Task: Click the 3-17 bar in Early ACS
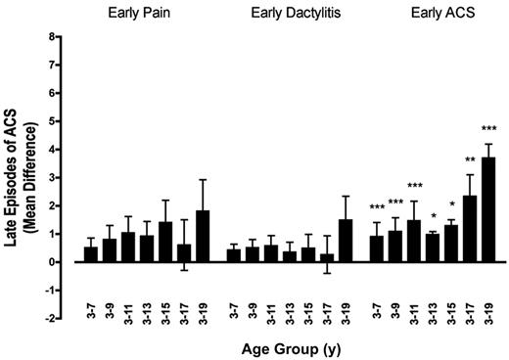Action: tap(470, 228)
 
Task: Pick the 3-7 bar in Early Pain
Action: tap(91, 254)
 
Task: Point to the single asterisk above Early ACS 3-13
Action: tap(434, 218)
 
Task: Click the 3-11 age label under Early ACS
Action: tap(415, 294)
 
